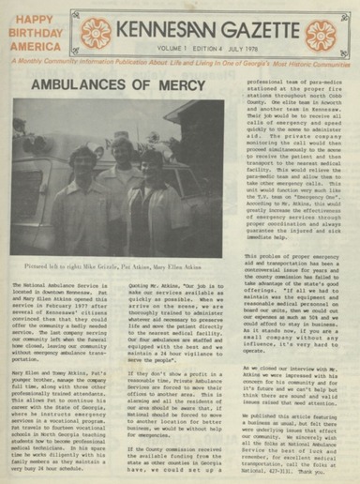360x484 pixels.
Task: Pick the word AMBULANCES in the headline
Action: click(x=81, y=84)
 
